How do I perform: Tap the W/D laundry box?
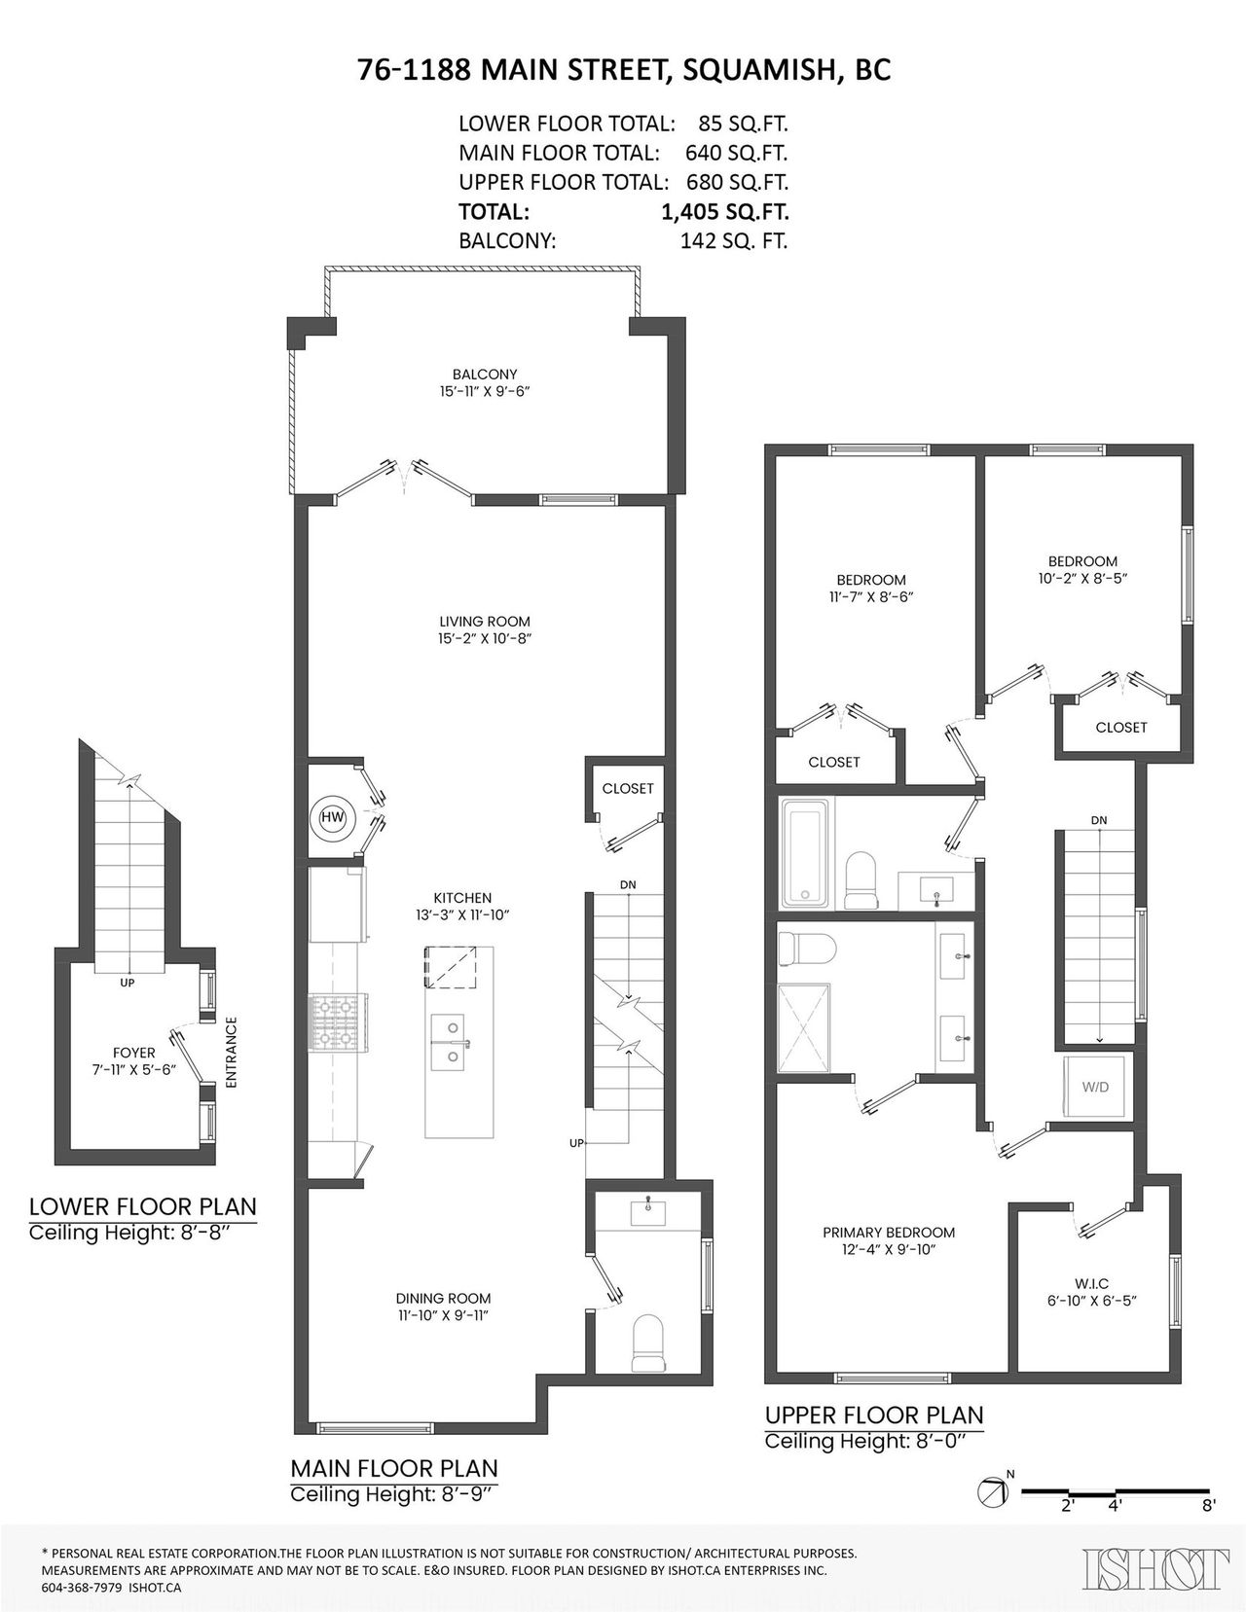coord(1094,1088)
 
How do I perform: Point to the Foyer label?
coord(134,1053)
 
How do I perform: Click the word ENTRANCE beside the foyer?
coord(230,1052)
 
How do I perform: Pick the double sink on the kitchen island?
coord(451,1042)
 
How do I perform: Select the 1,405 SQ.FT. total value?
coord(725,211)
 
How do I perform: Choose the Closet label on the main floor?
coord(628,789)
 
